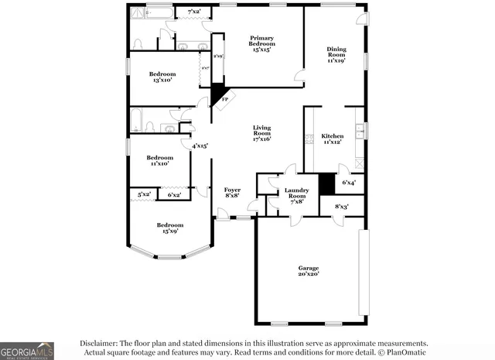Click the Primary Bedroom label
point(261,44)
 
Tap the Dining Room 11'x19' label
point(336,54)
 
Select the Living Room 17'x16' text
point(262,134)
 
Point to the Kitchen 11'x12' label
point(333,139)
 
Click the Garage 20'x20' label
point(309,271)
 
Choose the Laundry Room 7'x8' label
point(296,194)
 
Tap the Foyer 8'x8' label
point(232,193)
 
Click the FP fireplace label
point(225,100)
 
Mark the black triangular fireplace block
point(217,94)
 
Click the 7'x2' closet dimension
point(194,12)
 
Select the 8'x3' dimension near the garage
point(341,206)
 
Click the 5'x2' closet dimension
point(144,194)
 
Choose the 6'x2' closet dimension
point(175,194)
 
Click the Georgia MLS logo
point(27,350)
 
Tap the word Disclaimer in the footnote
point(97,343)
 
